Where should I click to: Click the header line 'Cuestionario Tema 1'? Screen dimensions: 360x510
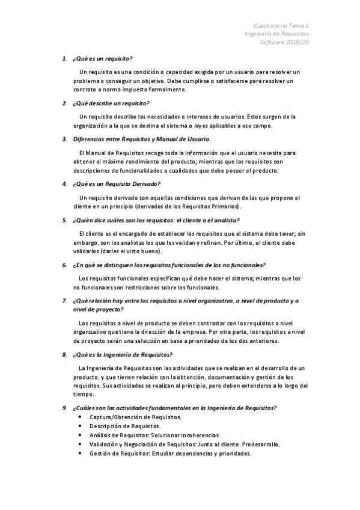[x=281, y=26]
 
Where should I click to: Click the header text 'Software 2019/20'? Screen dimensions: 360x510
[x=284, y=43]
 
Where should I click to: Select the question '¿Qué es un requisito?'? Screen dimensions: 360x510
[x=102, y=59]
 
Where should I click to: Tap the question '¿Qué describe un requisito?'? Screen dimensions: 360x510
[x=111, y=103]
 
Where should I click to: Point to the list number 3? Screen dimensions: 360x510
[x=64, y=140]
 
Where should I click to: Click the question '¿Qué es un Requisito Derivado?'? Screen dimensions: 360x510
[x=116, y=183]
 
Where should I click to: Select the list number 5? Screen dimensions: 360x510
[x=64, y=220]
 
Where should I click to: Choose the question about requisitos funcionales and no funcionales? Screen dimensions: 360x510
[x=169, y=265]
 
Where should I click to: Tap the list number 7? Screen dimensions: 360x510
[x=64, y=300]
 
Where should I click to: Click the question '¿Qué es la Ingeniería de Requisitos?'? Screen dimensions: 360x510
[x=122, y=354]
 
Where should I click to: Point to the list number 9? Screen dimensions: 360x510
[x=64, y=408]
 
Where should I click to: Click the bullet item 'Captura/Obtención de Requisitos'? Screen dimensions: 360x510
[x=135, y=417]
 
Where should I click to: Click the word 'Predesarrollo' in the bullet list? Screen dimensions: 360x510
[x=259, y=444]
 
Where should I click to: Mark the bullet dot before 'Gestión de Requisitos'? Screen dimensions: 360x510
[x=81, y=453]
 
